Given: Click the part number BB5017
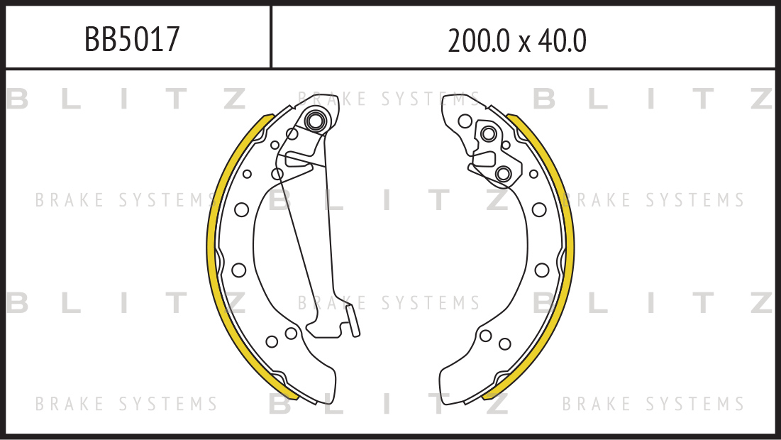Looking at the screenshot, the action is click(x=131, y=39).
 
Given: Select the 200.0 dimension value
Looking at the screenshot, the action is click(x=479, y=41).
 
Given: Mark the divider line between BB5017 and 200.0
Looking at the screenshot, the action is click(x=271, y=37).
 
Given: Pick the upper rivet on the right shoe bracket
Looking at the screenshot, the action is click(x=488, y=133).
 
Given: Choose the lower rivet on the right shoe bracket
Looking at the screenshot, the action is click(x=503, y=174).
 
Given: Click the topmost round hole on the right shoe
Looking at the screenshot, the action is click(x=465, y=121).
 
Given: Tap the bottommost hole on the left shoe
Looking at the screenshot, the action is click(x=272, y=342).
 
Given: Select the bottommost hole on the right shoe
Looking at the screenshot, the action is click(x=504, y=343).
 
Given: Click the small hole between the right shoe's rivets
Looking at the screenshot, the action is click(x=506, y=145).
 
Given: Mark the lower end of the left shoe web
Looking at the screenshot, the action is click(x=323, y=394).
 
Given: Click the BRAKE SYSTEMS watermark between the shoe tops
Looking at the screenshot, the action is click(x=389, y=99).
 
